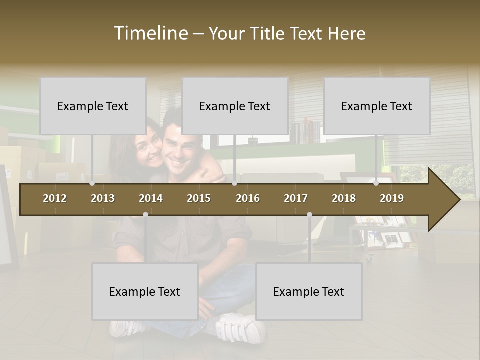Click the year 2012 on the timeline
(55, 198)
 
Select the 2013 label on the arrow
(103, 198)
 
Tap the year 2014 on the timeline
(151, 198)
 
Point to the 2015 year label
(199, 198)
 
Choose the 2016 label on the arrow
(248, 198)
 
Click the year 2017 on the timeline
(296, 198)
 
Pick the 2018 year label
(344, 198)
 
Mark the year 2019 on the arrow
(392, 198)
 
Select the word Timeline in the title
(150, 33)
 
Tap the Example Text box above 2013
(93, 106)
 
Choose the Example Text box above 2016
(235, 106)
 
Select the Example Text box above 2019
(377, 106)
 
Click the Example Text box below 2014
(145, 291)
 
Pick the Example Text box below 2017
(309, 291)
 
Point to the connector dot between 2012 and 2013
(92, 183)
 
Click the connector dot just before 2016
(235, 183)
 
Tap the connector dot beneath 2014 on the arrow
(145, 214)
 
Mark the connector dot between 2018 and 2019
(376, 183)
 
